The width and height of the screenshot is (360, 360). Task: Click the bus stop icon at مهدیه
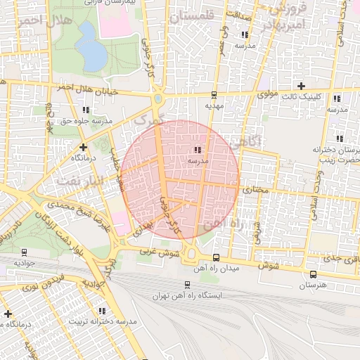pos(214,94)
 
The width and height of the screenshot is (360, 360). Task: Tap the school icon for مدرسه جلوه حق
pos(86,110)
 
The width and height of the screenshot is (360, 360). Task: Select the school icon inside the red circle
pos(198,150)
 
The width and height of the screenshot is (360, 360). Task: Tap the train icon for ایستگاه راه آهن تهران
pos(187,285)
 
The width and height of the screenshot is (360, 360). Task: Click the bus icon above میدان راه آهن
pos(216,257)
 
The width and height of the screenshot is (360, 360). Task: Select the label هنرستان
pos(313,286)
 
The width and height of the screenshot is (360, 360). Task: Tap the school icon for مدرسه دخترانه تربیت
pos(103,311)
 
